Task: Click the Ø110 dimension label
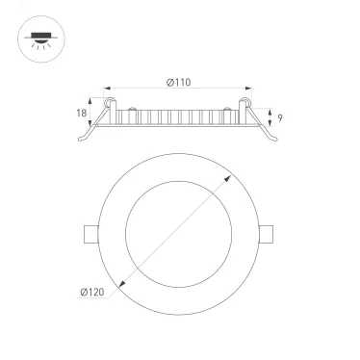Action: (178, 81)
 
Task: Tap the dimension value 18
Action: (82, 113)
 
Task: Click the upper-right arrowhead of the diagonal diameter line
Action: (230, 178)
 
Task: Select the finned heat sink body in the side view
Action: (178, 118)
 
